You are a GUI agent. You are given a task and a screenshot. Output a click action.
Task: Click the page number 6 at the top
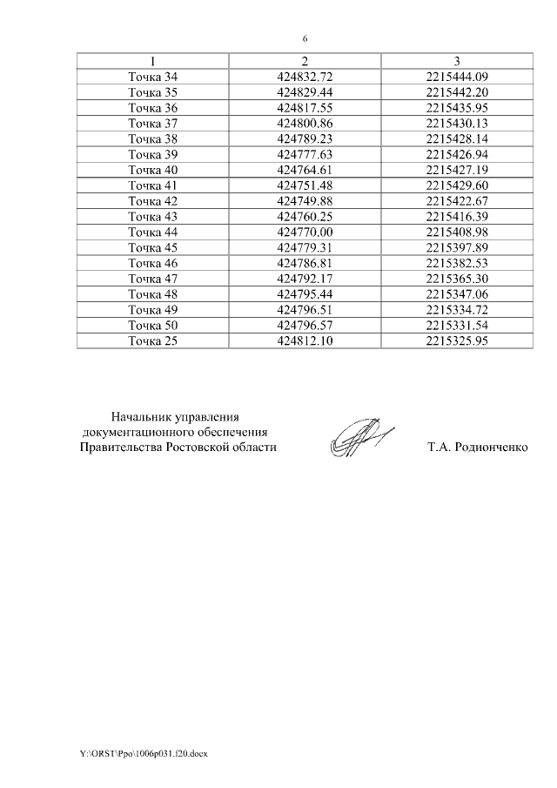pos(305,38)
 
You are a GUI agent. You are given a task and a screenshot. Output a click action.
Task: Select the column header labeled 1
pos(152,61)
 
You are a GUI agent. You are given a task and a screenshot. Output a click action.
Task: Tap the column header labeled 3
pos(457,61)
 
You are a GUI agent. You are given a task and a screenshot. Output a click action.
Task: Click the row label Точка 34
pos(152,77)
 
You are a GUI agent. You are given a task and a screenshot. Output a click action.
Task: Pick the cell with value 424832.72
pos(305,77)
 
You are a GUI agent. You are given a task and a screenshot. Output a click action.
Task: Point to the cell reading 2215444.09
pos(457,77)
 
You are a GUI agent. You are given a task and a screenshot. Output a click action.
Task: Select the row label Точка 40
pos(152,170)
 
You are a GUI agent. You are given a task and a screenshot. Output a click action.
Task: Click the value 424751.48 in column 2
pos(305,185)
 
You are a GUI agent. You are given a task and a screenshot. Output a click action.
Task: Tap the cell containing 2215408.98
pos(457,232)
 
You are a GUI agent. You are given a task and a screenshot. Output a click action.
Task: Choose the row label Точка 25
pos(152,340)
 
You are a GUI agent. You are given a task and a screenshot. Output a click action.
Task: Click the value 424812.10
pos(305,340)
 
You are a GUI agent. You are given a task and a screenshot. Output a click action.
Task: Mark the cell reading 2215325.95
pos(457,340)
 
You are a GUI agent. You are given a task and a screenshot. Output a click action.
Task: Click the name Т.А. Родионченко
pos(478,448)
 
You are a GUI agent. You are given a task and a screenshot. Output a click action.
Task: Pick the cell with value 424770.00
pos(305,232)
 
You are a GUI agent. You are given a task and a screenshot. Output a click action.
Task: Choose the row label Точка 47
pos(152,279)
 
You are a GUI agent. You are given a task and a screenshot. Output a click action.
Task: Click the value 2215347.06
pos(457,294)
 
